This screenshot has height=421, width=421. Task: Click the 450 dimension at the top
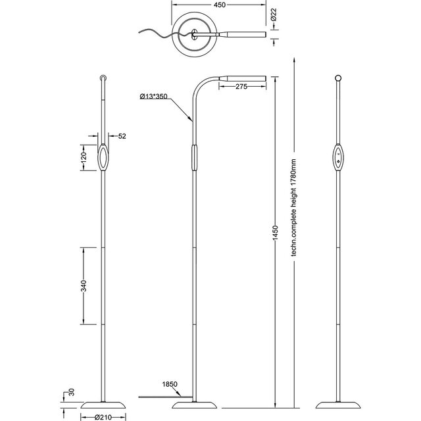220,5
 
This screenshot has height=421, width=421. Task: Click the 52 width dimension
122,136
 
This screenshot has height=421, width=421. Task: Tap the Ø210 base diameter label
103,416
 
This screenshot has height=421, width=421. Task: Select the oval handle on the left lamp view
104,158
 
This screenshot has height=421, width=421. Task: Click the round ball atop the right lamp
339,78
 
